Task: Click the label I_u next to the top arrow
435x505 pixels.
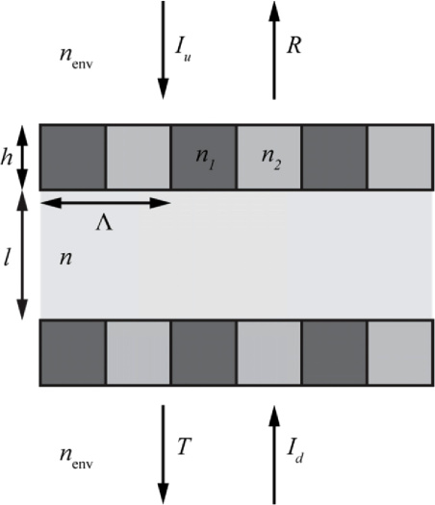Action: pyautogui.click(x=184, y=49)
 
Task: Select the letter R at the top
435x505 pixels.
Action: pyautogui.click(x=294, y=45)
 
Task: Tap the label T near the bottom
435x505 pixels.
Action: pyautogui.click(x=185, y=446)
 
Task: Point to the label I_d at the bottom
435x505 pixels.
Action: pyautogui.click(x=295, y=452)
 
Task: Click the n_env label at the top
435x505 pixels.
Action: pyautogui.click(x=76, y=58)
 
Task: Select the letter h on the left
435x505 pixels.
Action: pyautogui.click(x=7, y=157)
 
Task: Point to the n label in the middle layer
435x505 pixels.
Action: pyautogui.click(x=65, y=258)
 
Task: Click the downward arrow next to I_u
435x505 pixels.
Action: pyautogui.click(x=163, y=50)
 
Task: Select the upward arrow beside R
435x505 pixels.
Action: pyautogui.click(x=274, y=50)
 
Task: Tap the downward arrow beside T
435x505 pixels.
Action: pyautogui.click(x=163, y=454)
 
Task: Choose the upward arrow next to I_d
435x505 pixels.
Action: pyautogui.click(x=274, y=454)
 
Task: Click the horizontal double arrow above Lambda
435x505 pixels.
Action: pyautogui.click(x=105, y=203)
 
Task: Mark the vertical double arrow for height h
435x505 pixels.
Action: pyautogui.click(x=22, y=157)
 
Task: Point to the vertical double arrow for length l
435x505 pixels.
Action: pyautogui.click(x=22, y=256)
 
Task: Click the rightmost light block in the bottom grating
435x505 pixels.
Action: pyautogui.click(x=399, y=353)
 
